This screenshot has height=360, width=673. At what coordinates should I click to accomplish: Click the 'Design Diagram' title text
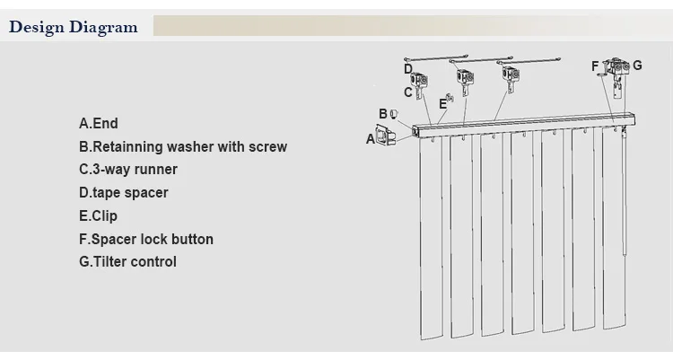coord(74,27)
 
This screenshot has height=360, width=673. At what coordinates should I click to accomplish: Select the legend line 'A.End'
coord(99,123)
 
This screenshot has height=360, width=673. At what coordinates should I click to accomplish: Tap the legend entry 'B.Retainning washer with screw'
coord(183,146)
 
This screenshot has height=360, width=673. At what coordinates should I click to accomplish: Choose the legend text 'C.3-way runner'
coord(128,170)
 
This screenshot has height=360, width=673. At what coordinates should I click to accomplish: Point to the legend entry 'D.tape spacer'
coord(124,193)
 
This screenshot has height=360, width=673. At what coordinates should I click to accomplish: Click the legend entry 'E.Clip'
coord(99,216)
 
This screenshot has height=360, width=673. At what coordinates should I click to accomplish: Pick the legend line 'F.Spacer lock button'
coord(146,240)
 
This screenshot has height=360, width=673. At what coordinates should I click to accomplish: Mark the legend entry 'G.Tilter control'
coord(128,262)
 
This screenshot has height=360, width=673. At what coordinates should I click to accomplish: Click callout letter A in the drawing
coord(371,138)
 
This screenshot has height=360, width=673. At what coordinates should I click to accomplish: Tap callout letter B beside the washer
coord(382,114)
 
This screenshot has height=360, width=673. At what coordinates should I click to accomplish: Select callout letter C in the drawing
coord(407,92)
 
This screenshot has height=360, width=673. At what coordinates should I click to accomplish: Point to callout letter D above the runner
coord(407,68)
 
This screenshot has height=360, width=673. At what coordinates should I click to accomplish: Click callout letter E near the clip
coord(441,104)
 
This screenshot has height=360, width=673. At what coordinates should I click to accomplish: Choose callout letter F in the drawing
coord(595,66)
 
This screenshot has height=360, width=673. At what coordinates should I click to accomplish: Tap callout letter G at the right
coord(637,66)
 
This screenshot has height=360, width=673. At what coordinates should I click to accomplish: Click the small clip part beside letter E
coord(450,99)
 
